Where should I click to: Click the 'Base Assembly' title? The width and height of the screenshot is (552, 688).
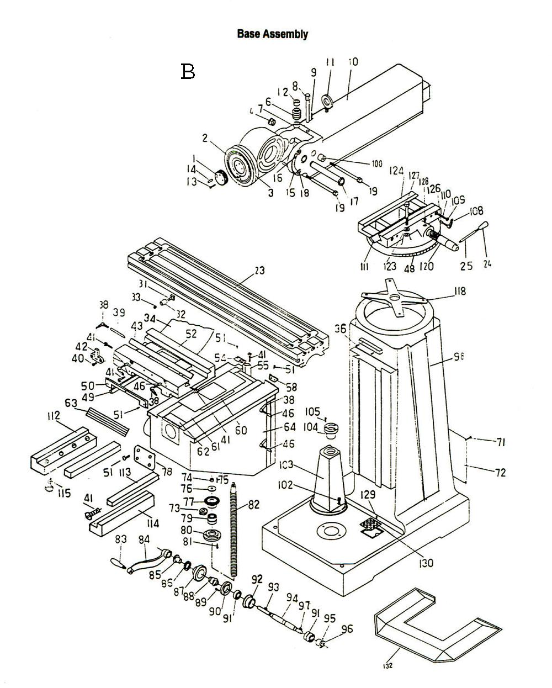point(272,34)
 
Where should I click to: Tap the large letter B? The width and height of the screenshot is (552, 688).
point(188,72)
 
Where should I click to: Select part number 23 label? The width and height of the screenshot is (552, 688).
point(259,271)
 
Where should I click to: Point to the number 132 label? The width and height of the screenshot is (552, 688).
point(387,665)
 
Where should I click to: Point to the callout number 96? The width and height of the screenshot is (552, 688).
point(347,628)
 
